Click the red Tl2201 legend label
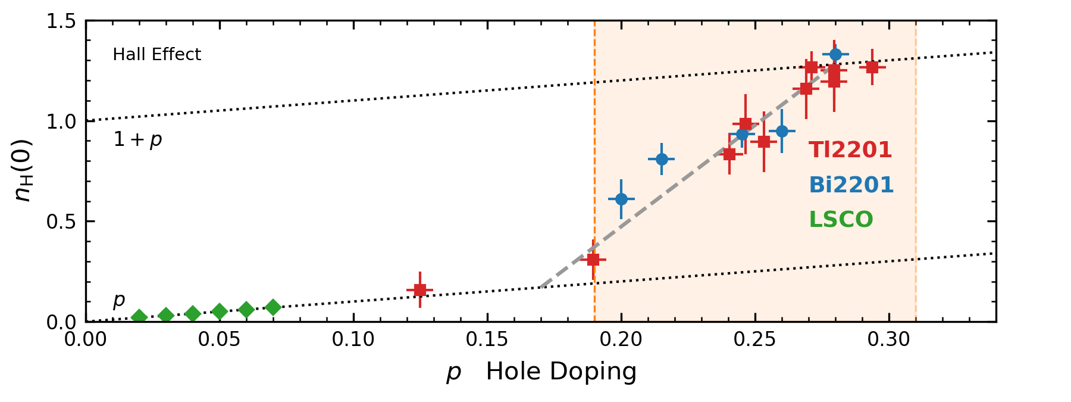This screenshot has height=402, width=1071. [850, 150]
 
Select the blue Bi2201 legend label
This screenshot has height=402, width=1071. [851, 185]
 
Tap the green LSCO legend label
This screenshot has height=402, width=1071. [841, 220]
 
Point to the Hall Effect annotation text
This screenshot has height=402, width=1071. [156, 55]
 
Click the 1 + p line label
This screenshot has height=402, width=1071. [137, 139]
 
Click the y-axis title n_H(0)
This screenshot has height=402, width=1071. [24, 171]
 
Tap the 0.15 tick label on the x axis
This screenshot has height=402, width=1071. [487, 339]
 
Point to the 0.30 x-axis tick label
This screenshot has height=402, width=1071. [889, 339]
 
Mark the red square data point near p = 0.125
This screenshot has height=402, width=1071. [420, 290]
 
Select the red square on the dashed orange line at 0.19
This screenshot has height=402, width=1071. [593, 260]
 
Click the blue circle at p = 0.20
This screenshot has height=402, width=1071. [621, 199]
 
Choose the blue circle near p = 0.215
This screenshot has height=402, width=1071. [662, 159]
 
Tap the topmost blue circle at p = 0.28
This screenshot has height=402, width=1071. [835, 54]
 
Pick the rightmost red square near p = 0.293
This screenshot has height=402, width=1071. [872, 67]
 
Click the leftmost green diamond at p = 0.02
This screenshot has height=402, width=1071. [139, 317]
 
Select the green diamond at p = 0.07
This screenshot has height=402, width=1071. [273, 307]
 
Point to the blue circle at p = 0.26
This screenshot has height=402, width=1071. [782, 131]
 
